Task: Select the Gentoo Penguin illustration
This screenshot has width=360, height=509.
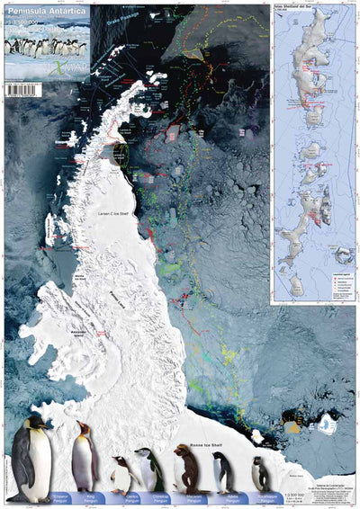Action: tap(121, 473)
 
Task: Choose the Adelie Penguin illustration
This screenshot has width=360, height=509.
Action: tap(222, 471)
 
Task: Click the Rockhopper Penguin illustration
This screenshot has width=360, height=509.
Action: tap(260, 474)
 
